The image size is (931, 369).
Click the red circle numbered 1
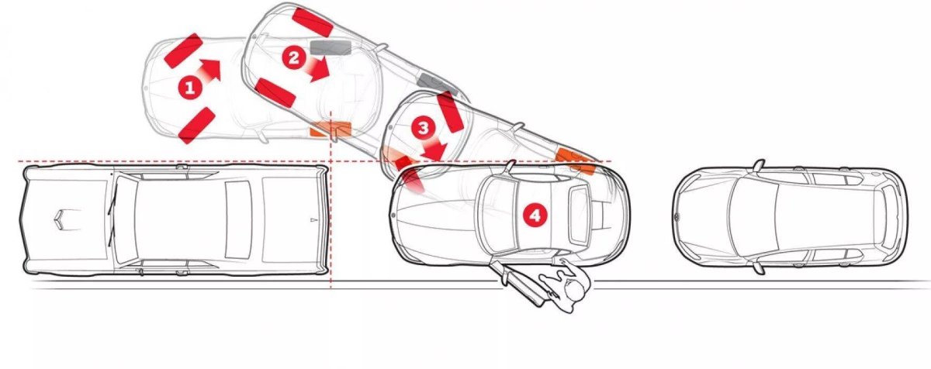[189, 88]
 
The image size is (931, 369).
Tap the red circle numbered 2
[294, 58]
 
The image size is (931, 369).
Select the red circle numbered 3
[423, 128]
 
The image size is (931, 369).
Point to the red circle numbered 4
[535, 215]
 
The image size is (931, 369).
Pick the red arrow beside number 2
[318, 68]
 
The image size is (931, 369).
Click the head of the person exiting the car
[574, 290]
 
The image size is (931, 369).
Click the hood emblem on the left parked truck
[61, 219]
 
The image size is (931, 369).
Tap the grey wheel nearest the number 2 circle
[331, 47]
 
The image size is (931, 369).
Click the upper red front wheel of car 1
[183, 50]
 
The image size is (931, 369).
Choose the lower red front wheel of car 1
[196, 126]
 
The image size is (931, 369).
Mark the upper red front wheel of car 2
[313, 22]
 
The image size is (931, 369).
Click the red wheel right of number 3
[450, 112]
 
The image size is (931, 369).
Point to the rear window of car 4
[580, 215]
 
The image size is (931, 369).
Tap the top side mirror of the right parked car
[759, 165]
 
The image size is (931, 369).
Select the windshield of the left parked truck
[125, 219]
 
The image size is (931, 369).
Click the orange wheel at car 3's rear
[576, 160]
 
